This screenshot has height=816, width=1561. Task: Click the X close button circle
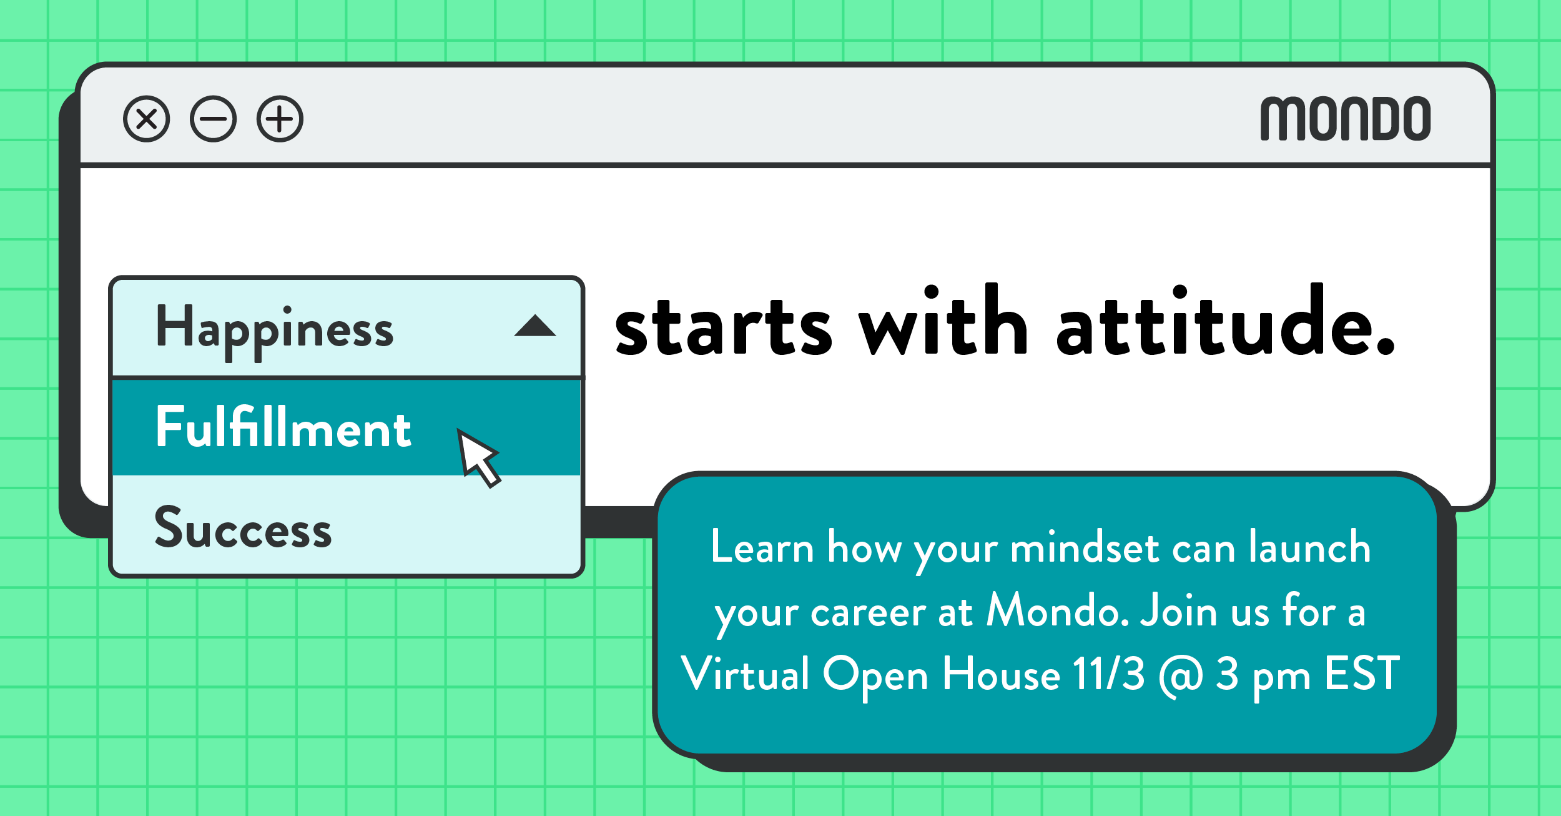(147, 119)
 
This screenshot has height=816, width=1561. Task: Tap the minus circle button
(214, 119)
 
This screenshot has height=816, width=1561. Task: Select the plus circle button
(280, 119)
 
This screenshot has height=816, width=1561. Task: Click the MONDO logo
(1346, 119)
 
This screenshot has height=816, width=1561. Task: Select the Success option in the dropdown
(243, 527)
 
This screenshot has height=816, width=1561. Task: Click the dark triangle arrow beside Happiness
(535, 326)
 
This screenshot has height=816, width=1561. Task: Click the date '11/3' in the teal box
(1109, 674)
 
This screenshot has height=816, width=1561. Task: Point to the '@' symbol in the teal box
(1181, 676)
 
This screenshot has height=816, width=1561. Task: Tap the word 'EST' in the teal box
(1362, 674)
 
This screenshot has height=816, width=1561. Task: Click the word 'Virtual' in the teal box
(745, 674)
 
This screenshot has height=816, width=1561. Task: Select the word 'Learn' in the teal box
(762, 546)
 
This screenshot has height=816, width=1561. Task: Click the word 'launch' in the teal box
(1310, 546)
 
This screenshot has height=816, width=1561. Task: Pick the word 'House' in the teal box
(1002, 674)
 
